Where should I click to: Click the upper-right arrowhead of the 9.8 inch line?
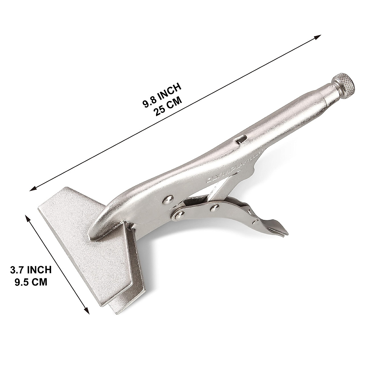tap(317, 37)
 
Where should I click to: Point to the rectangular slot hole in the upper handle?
tap(241, 140)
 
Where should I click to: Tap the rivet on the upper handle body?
tap(166, 200)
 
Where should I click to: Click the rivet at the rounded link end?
tap(176, 215)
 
